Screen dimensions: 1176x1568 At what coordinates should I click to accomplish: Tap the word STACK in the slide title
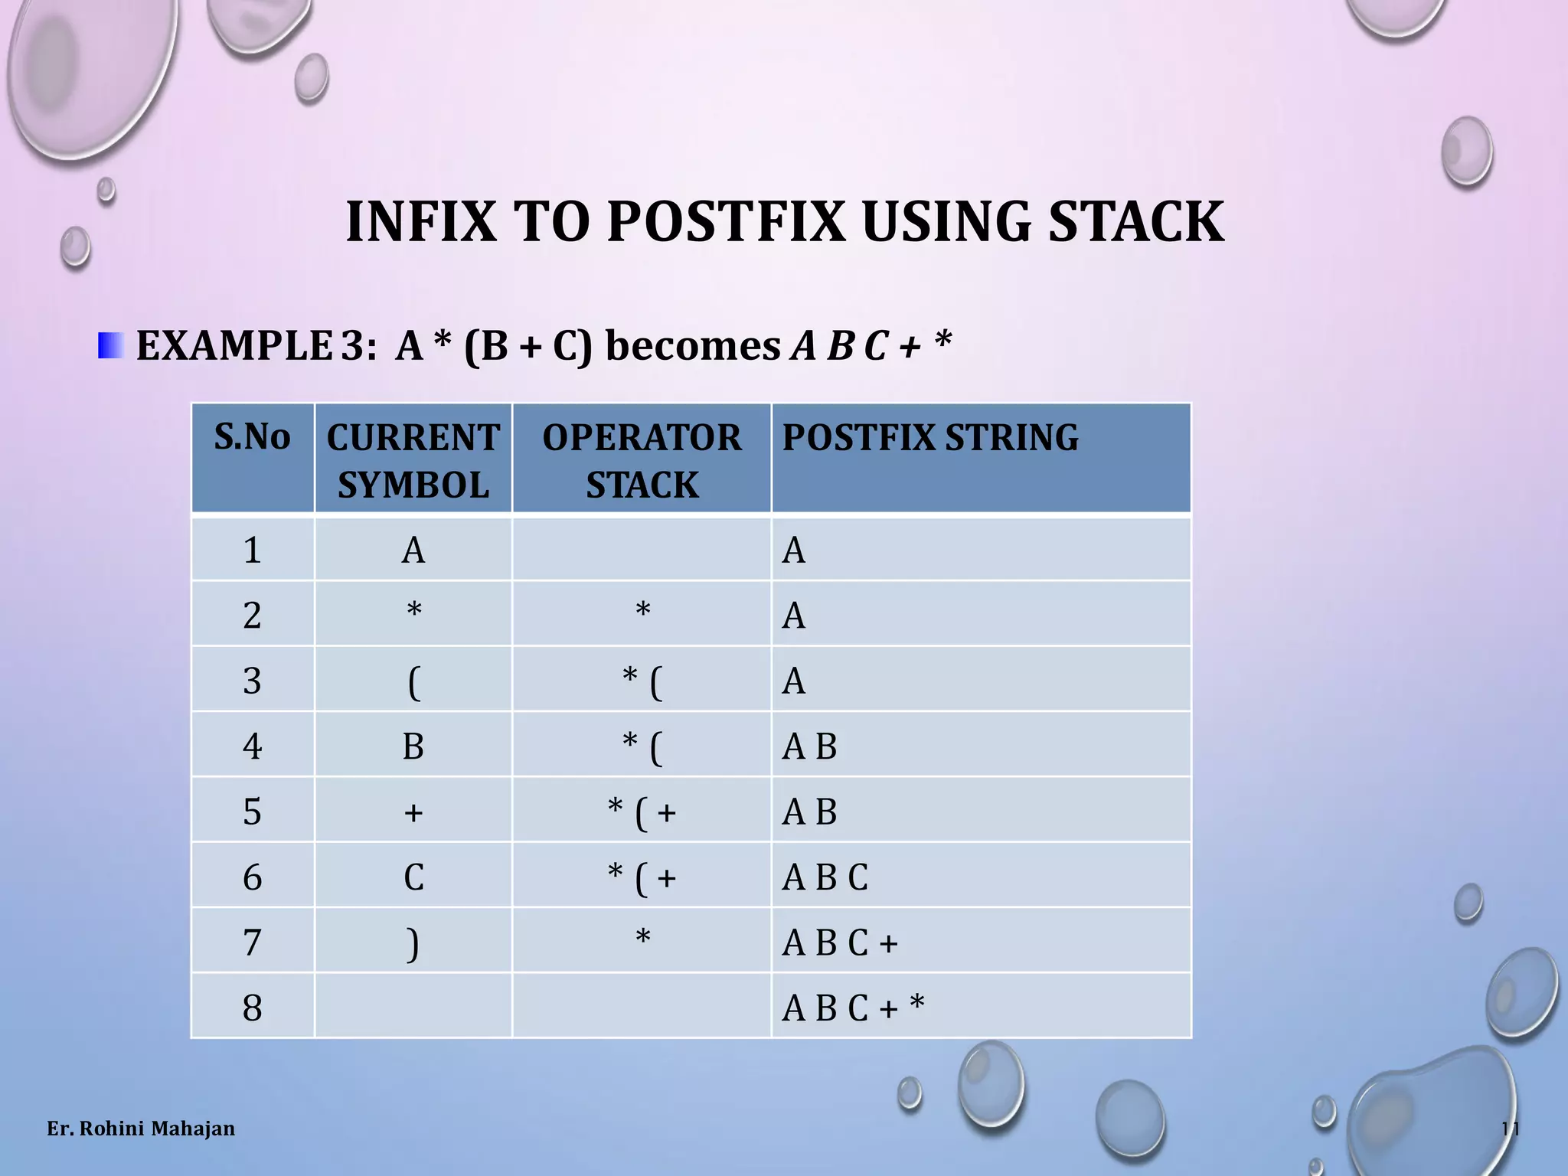pos(1136,222)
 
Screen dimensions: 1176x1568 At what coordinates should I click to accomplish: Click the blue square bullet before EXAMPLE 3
pos(110,346)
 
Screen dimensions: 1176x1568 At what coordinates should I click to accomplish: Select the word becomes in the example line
pos(692,346)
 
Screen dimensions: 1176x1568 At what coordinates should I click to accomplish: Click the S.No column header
pos(252,437)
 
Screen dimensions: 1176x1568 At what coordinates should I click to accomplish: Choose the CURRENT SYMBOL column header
pos(413,460)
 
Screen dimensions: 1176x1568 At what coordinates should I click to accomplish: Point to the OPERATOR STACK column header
pos(642,460)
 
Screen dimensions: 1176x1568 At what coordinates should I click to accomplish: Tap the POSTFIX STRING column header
pos(929,438)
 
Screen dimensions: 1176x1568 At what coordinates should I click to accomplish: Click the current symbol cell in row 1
pos(413,550)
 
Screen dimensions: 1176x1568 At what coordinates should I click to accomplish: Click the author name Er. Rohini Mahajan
pos(141,1129)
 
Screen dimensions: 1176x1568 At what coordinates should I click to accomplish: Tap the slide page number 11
pos(1510,1129)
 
